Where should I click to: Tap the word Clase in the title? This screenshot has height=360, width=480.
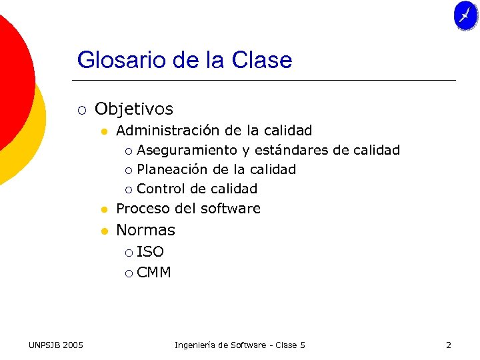(262, 60)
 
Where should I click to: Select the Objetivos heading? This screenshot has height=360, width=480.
(134, 109)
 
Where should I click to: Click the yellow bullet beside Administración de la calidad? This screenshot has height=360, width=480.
(104, 131)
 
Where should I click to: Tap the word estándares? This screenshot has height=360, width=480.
(291, 150)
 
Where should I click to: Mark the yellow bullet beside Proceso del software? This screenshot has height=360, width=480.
(104, 209)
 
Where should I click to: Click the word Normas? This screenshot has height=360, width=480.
(145, 230)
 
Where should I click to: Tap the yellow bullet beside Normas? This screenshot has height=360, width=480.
(104, 231)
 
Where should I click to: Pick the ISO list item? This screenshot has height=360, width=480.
(150, 252)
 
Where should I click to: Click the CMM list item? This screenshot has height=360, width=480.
(153, 272)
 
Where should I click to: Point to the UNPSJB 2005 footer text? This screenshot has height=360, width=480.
(56, 345)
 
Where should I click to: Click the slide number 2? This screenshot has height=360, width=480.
(448, 345)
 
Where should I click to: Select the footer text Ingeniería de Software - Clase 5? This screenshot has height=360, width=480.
(239, 345)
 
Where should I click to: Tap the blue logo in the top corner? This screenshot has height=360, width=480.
(465, 15)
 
